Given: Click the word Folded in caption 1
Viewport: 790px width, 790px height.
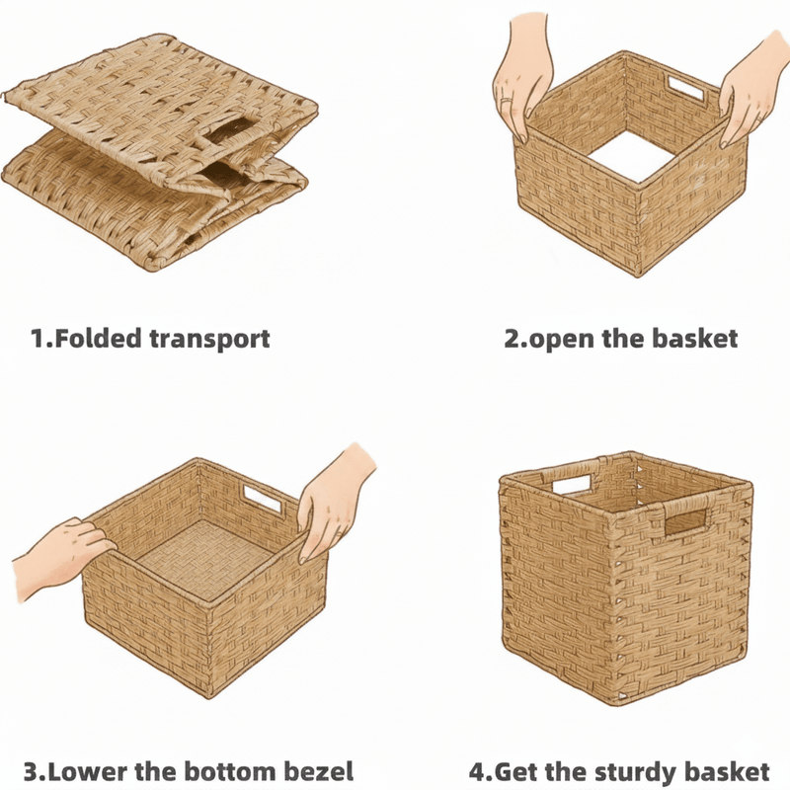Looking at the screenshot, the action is [x=98, y=338].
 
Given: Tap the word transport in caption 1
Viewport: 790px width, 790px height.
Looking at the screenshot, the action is [x=210, y=340].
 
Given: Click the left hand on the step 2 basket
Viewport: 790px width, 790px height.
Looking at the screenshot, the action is [x=523, y=76].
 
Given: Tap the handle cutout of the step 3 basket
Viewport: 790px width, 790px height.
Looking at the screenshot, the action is [x=263, y=499].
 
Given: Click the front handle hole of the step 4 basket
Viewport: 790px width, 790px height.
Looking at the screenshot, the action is [x=685, y=522].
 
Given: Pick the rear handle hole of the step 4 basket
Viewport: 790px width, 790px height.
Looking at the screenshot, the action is [x=572, y=484].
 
